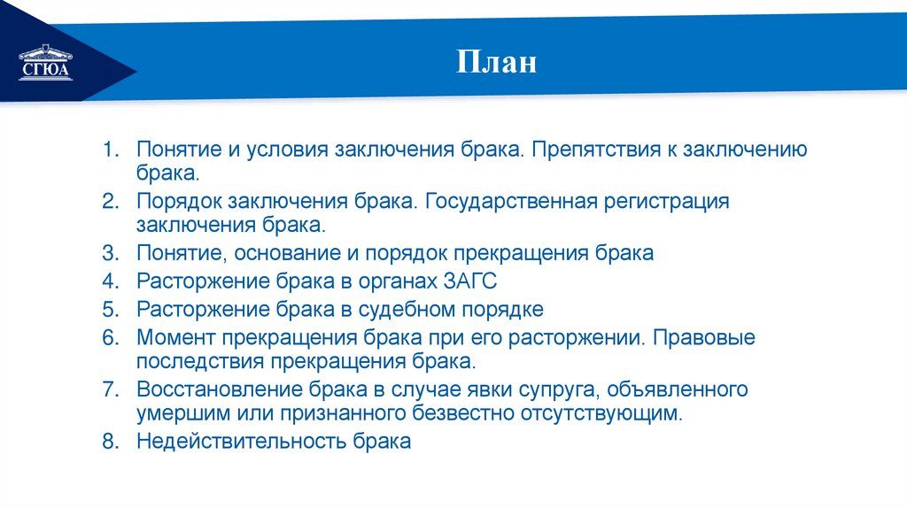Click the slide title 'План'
[497, 65]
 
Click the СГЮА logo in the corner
[45, 65]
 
